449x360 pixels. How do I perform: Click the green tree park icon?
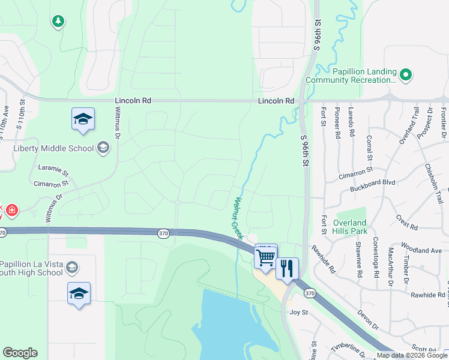click(x=58, y=22)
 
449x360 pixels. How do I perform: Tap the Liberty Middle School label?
click(x=54, y=148)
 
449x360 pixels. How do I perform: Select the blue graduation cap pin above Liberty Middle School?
click(x=83, y=119)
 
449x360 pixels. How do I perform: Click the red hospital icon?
click(x=11, y=211)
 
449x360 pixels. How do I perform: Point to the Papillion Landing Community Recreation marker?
click(x=406, y=75)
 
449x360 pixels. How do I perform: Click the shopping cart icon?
click(x=266, y=257)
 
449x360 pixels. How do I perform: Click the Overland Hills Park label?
click(x=350, y=227)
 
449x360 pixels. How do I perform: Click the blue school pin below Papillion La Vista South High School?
click(x=79, y=294)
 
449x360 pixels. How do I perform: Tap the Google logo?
click(x=20, y=353)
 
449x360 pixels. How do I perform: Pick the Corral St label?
click(x=369, y=146)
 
